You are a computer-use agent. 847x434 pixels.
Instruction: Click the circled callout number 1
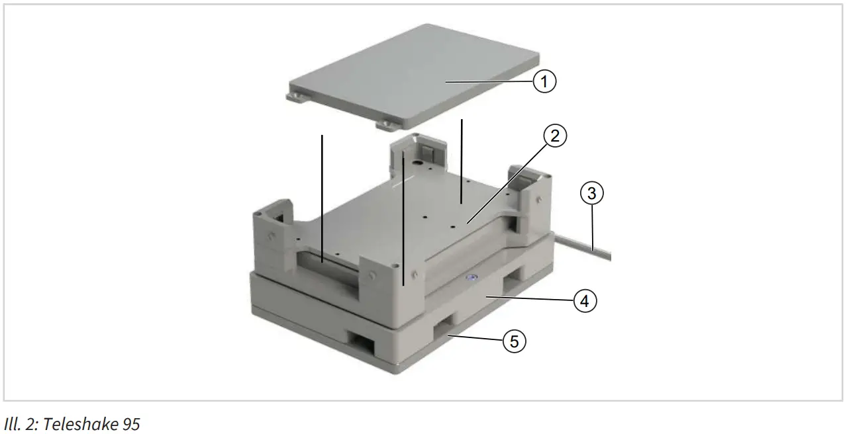(544, 82)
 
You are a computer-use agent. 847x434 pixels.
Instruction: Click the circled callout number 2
(554, 136)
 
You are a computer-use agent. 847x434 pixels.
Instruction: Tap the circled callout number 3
(592, 194)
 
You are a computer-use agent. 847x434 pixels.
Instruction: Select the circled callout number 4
(584, 301)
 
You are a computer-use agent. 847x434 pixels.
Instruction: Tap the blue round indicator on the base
(472, 279)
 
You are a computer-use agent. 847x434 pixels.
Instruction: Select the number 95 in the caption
(130, 423)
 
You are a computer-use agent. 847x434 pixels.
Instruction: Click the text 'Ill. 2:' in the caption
(21, 423)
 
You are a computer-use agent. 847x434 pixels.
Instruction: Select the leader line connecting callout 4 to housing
(530, 300)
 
